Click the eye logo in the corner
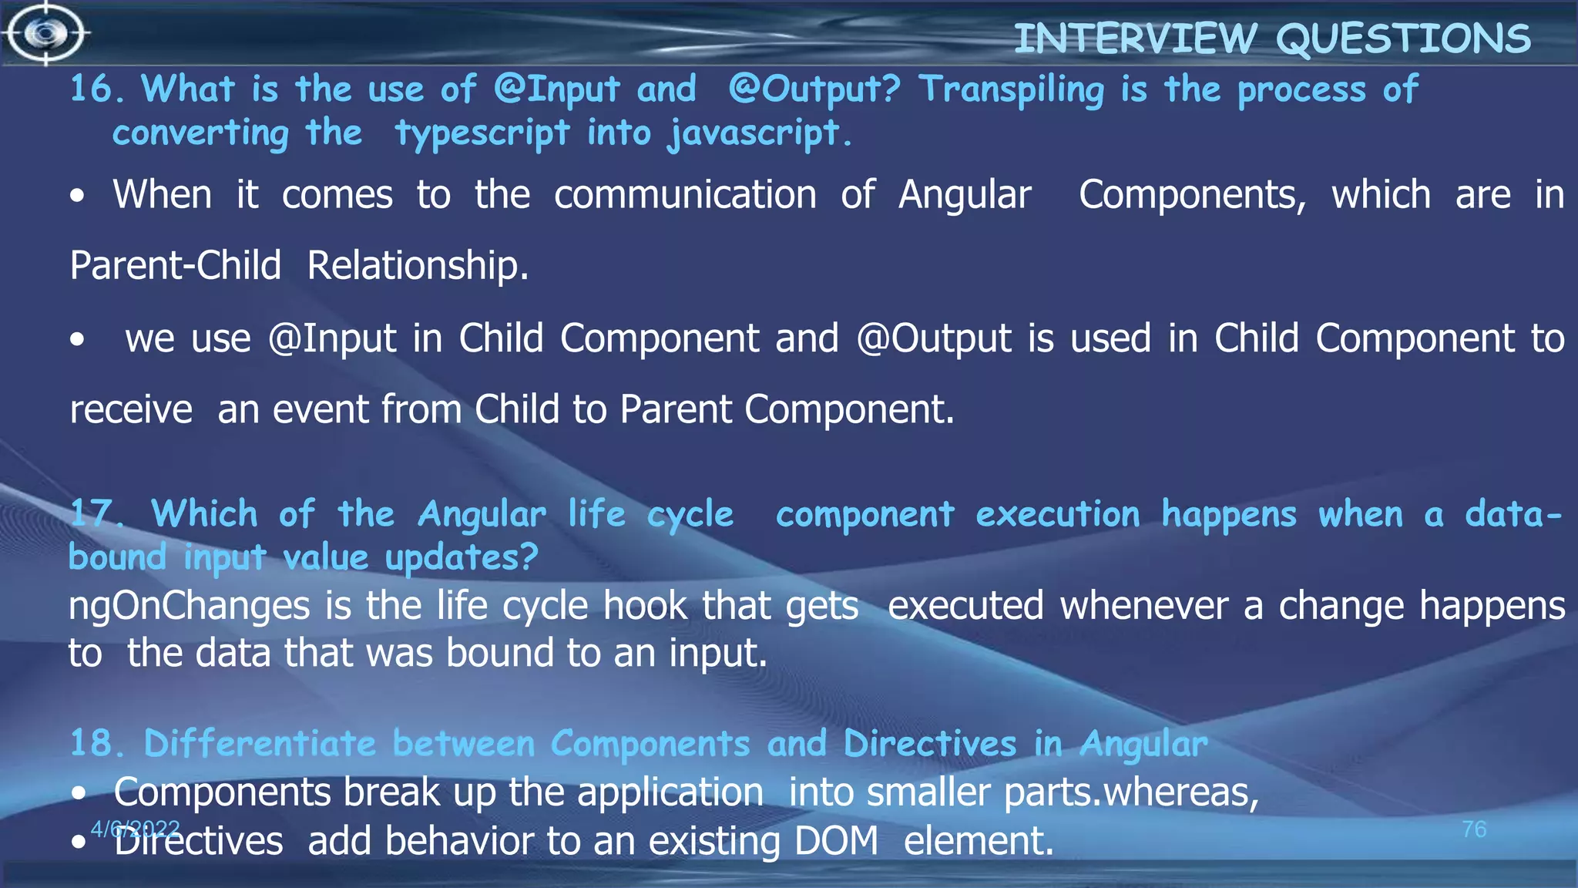[x=46, y=32]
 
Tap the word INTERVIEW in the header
[x=1135, y=39]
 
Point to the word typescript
[x=482, y=133]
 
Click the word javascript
[x=759, y=133]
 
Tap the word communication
[x=685, y=194]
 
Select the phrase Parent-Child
[x=175, y=265]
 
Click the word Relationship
[x=418, y=265]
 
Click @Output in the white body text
[x=933, y=338]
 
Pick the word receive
[x=131, y=409]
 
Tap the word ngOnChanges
[x=189, y=606]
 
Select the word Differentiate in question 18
[x=260, y=744]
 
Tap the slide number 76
[x=1473, y=829]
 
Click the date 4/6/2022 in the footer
[x=136, y=829]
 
